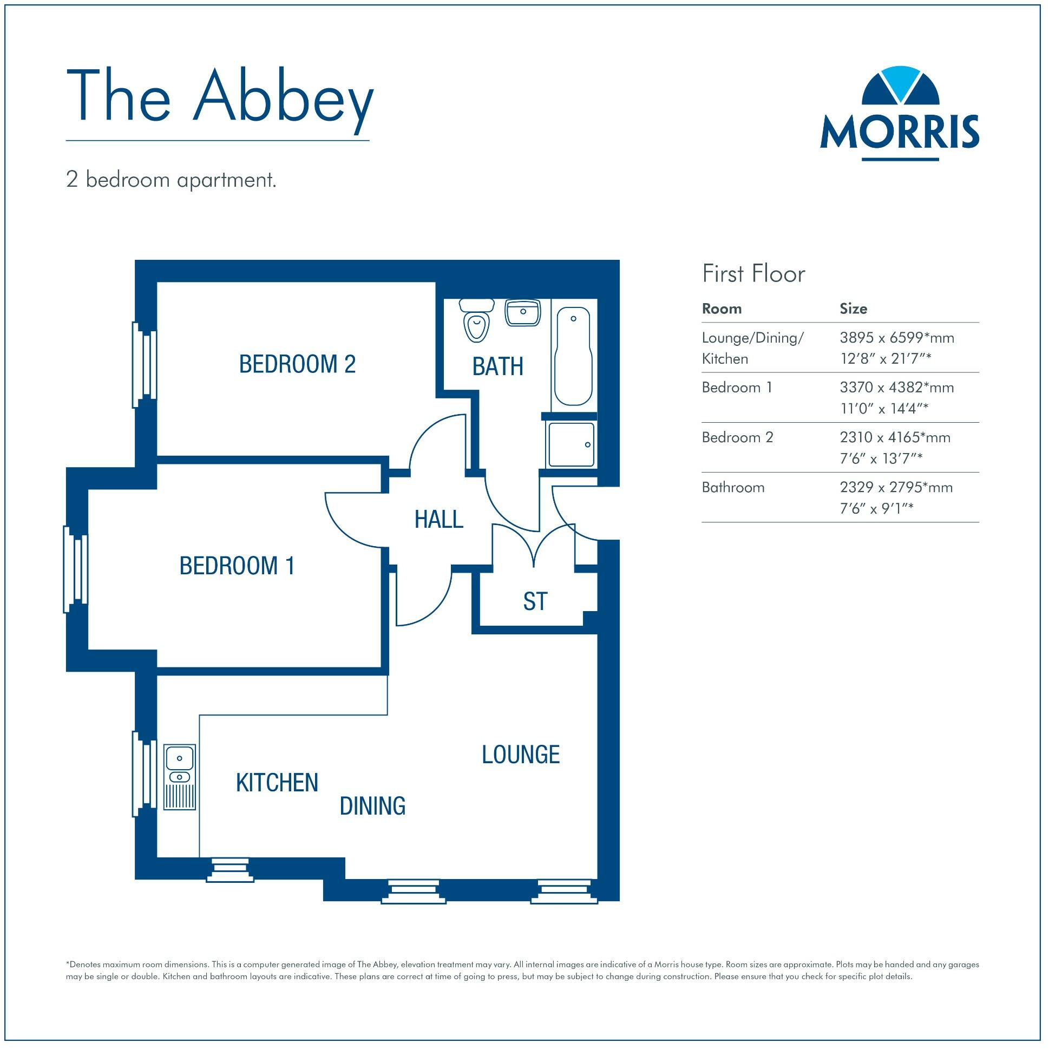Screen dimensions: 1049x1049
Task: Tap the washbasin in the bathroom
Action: click(523, 313)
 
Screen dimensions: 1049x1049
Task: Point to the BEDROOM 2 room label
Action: click(297, 364)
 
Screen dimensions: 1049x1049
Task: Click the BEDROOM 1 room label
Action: click(237, 566)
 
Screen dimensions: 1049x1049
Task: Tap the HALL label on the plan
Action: click(439, 520)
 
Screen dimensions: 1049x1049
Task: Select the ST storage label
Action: click(535, 601)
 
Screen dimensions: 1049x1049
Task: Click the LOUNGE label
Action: click(521, 755)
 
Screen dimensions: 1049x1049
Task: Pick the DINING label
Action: click(372, 806)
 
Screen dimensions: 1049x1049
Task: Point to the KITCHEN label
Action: click(277, 783)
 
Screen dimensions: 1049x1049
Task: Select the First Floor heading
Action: click(753, 274)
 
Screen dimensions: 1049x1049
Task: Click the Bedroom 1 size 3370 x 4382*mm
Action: click(896, 388)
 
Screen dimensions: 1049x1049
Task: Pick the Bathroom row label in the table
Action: click(733, 488)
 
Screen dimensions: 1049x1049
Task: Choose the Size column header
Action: click(853, 309)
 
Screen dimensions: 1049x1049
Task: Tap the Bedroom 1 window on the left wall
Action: click(76, 569)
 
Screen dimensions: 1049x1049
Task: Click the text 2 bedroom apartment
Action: click(171, 180)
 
